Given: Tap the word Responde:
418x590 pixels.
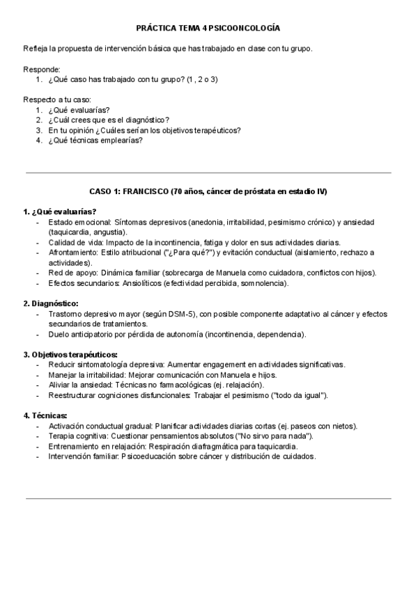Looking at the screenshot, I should coord(41,69).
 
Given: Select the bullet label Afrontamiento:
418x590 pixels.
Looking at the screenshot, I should coord(73,253).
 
